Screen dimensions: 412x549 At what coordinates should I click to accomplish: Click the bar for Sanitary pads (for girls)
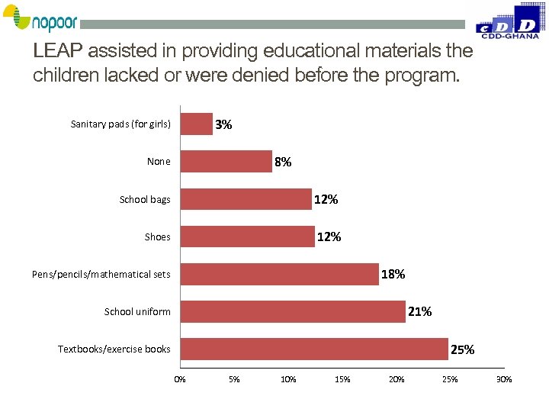pos(197,124)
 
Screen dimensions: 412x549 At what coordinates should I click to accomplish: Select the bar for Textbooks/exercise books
pos(314,349)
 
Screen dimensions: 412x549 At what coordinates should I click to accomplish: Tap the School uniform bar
pos(293,311)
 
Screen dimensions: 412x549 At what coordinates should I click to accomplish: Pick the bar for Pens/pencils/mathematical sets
pos(279,274)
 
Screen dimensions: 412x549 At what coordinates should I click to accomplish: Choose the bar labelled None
pos(226,161)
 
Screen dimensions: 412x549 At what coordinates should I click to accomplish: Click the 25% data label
pos(462,349)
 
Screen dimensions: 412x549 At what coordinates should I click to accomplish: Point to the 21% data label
pos(419,311)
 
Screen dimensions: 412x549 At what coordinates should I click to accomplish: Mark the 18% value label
pos(393,274)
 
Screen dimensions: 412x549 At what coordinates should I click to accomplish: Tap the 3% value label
pos(223,124)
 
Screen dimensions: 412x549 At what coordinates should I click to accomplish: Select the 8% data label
pos(282,162)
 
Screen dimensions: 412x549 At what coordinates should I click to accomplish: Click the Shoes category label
pos(158,237)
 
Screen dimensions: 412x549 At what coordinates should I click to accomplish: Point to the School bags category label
pos(145,200)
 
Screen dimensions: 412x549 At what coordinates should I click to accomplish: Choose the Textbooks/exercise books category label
pos(114,349)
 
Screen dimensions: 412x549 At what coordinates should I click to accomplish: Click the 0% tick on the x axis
pos(180,379)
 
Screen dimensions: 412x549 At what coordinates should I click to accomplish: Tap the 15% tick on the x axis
pos(342,379)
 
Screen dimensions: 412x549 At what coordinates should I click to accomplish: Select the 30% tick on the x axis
pos(504,379)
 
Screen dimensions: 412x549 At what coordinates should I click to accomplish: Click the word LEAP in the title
pos(59,51)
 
